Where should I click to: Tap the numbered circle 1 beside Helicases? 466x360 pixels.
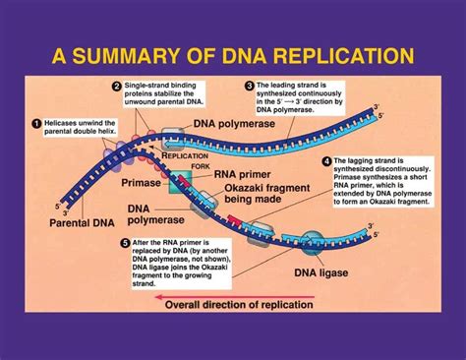37,123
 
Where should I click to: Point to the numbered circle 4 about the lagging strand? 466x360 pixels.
326,161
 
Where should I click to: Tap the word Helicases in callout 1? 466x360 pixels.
65,123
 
